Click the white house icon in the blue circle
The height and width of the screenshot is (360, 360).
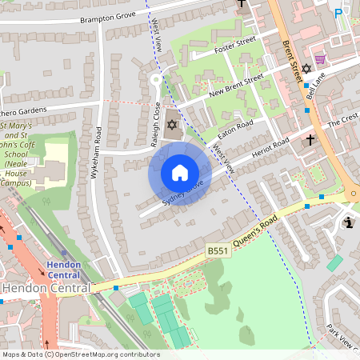point(180,173)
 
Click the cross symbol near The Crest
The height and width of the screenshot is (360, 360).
point(310,140)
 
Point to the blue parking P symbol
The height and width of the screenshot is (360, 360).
point(338,13)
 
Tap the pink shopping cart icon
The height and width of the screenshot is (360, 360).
point(320,58)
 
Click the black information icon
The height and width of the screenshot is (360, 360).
point(348,222)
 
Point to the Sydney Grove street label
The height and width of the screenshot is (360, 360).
point(183,194)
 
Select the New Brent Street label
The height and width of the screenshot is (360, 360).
point(237,86)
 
